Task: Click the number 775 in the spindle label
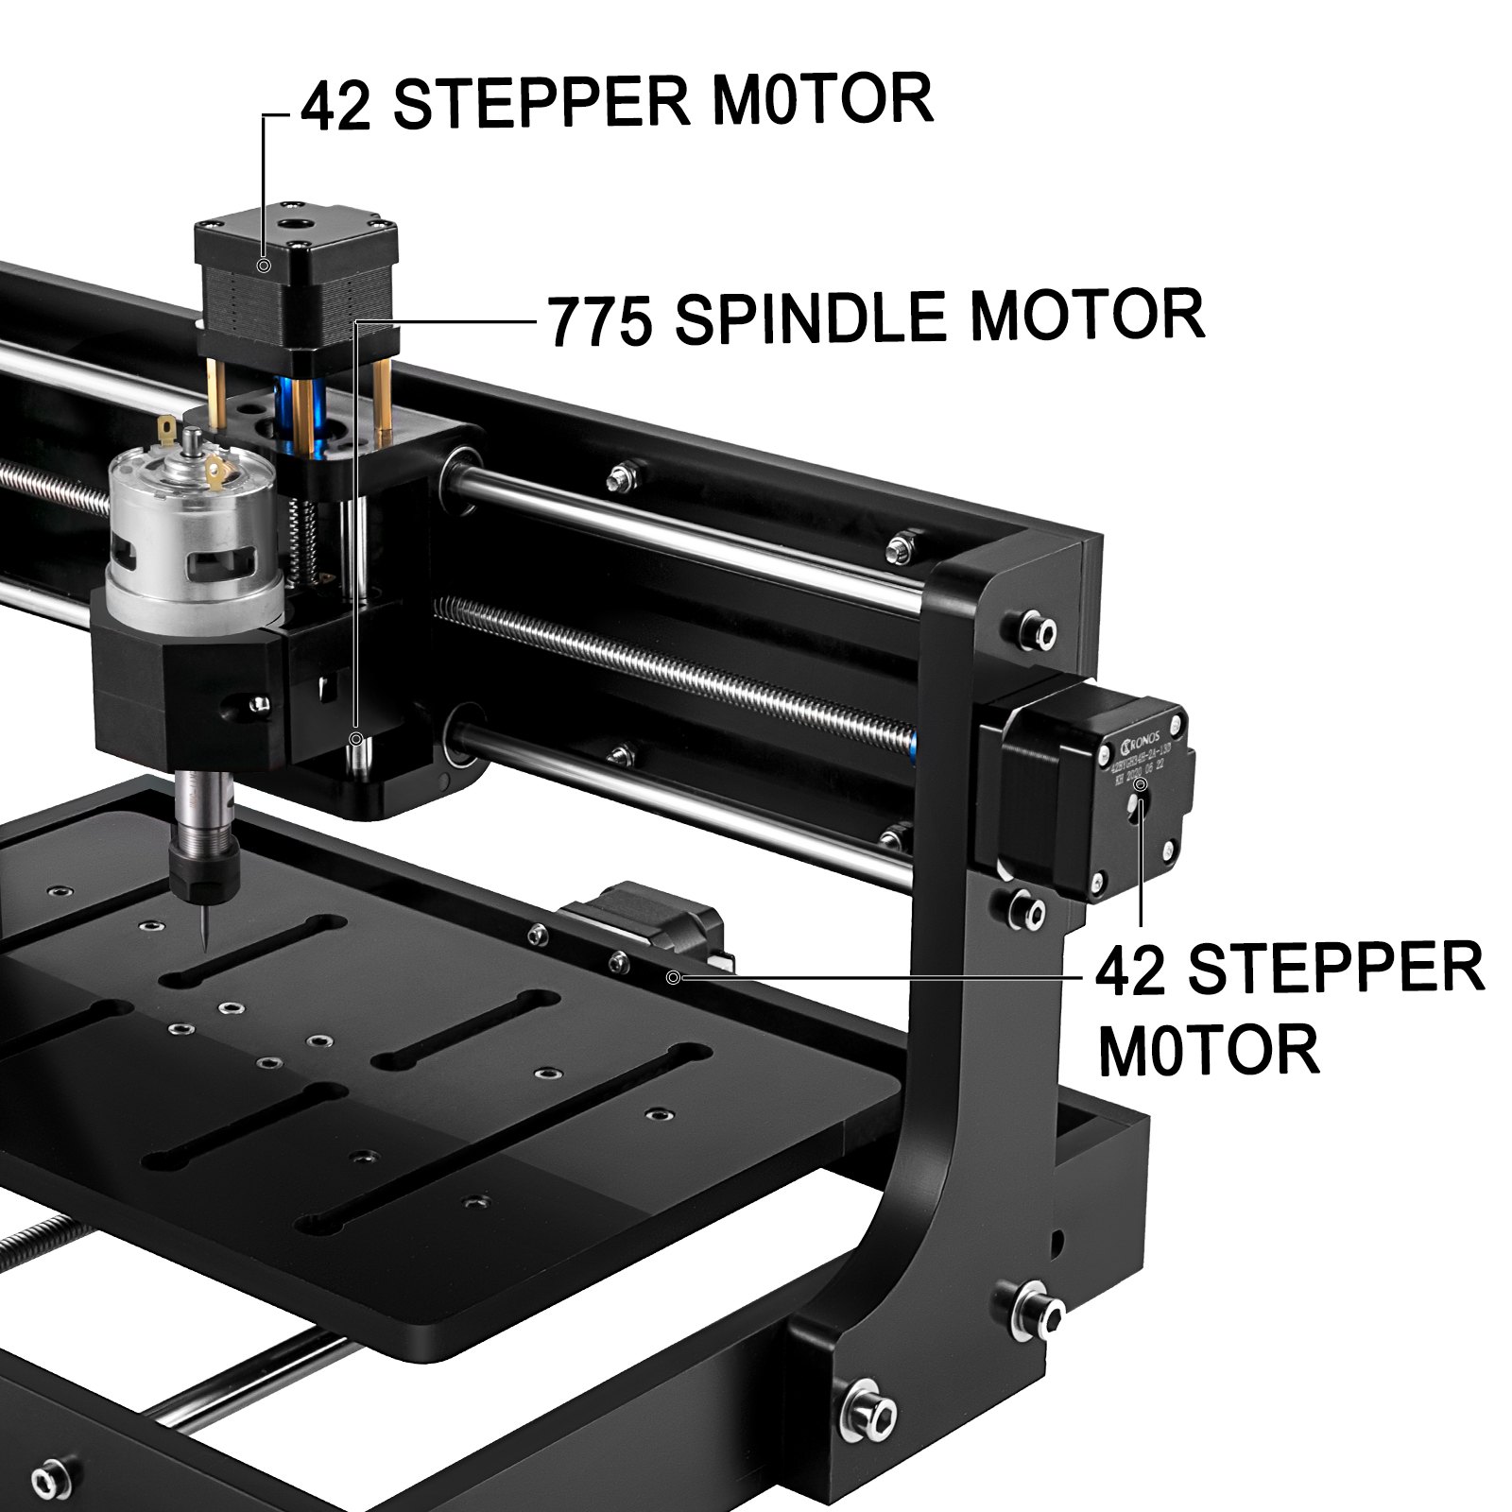click(600, 321)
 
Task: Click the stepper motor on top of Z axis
click(295, 283)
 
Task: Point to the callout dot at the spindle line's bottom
click(356, 738)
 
